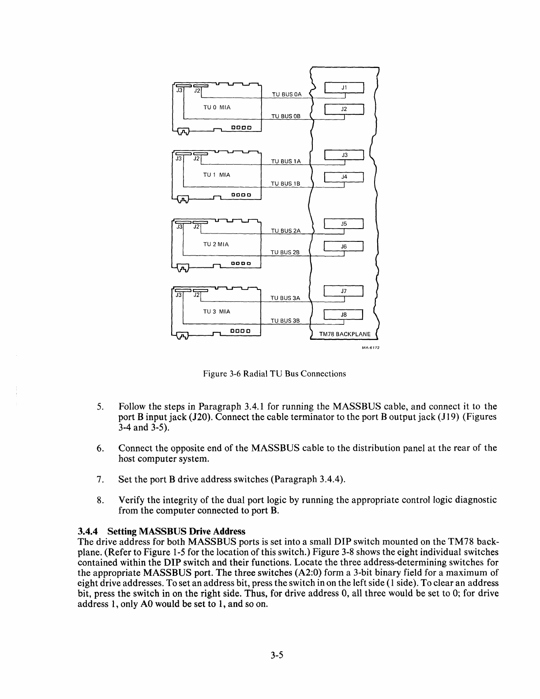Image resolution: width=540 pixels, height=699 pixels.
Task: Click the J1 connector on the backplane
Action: (x=344, y=88)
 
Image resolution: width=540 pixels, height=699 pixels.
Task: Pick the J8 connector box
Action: (x=344, y=315)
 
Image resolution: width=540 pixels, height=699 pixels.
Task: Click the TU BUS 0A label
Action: (x=286, y=94)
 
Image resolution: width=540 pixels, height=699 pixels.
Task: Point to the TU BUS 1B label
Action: (x=285, y=184)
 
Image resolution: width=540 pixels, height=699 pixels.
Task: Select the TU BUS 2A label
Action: (x=285, y=231)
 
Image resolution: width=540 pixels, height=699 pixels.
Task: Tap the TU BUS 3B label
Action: (x=285, y=321)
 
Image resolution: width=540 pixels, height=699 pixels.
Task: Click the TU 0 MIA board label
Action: (x=217, y=107)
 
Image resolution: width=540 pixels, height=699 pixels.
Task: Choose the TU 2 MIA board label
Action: (x=216, y=244)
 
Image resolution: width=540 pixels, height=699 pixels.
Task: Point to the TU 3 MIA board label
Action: (x=216, y=312)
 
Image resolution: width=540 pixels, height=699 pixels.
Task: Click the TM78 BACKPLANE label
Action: (x=345, y=334)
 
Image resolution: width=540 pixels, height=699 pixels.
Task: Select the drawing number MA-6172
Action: (x=371, y=347)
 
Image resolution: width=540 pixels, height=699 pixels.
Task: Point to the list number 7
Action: (x=99, y=479)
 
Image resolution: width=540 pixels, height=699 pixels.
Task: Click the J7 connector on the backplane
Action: (x=344, y=291)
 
